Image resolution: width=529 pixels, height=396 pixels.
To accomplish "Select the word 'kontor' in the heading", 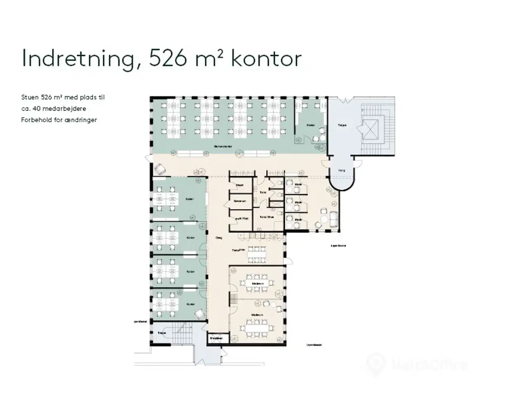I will tap(266, 59).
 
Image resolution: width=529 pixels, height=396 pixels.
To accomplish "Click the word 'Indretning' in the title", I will tap(78, 59).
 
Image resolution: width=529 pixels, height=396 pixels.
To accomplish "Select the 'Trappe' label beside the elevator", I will tap(342, 125).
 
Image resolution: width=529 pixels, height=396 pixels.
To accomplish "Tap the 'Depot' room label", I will tap(240, 186).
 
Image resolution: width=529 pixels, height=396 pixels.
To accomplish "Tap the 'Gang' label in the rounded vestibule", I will tap(342, 170).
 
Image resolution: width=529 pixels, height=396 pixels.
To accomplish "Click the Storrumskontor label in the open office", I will tap(223, 146).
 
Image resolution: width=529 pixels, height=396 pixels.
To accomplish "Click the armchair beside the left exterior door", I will tap(160, 169).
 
